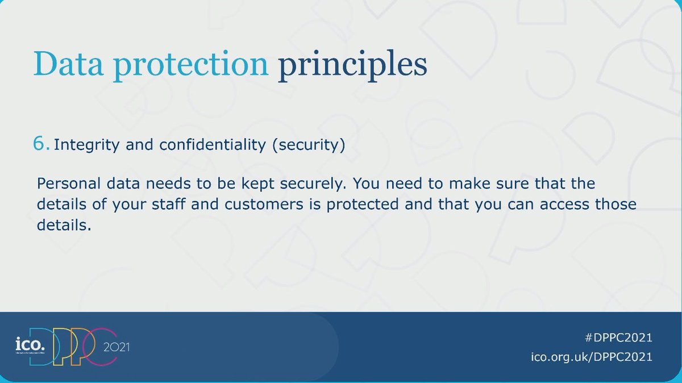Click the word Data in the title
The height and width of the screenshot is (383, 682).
click(x=68, y=64)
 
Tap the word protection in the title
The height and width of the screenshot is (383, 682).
click(x=191, y=66)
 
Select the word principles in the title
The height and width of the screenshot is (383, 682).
click(x=352, y=65)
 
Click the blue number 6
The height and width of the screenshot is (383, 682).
click(x=40, y=143)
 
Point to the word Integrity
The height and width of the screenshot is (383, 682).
click(x=86, y=144)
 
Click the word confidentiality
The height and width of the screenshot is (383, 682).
click(x=213, y=144)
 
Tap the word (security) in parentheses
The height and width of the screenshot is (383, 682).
click(x=309, y=144)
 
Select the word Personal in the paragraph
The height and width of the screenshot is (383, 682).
click(x=69, y=184)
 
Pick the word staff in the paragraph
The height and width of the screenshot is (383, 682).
click(x=168, y=203)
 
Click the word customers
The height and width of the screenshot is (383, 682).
click(x=264, y=205)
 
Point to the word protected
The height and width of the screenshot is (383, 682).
click(x=363, y=205)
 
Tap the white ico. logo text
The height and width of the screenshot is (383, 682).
click(x=30, y=344)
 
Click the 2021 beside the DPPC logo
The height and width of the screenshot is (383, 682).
click(x=117, y=347)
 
